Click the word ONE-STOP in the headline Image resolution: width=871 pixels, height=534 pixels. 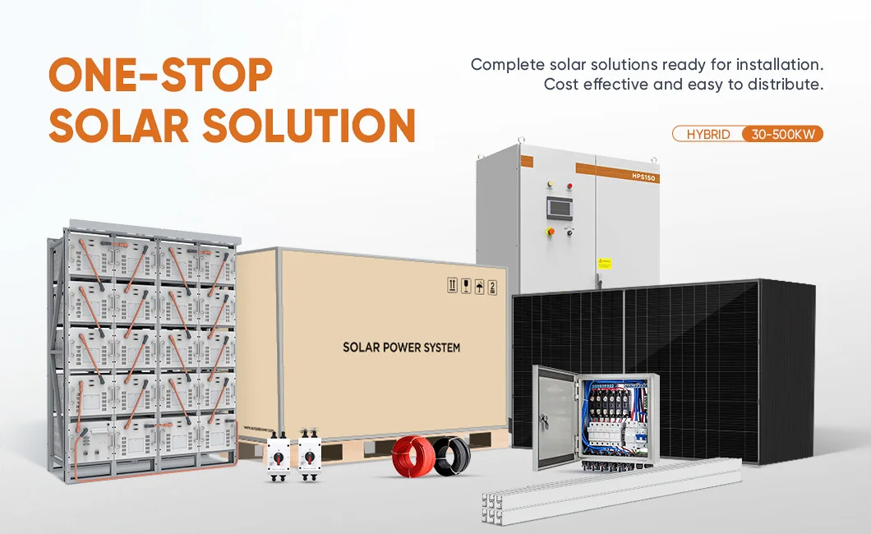[x=160, y=76]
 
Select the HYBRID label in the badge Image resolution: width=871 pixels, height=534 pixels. [x=707, y=134]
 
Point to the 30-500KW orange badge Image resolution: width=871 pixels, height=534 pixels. [x=782, y=134]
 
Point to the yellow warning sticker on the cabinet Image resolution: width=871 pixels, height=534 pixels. [x=606, y=263]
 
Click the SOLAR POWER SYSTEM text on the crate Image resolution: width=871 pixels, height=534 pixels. [x=401, y=348]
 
